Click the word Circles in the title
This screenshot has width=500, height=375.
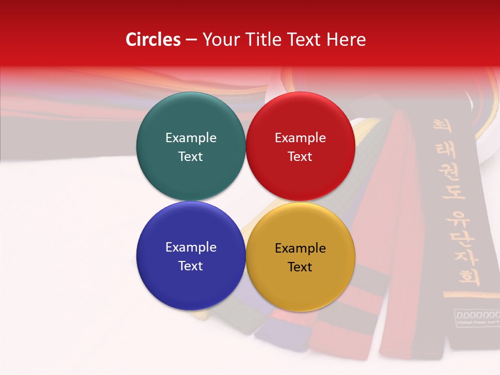[153, 40]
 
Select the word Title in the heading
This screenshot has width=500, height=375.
[275, 40]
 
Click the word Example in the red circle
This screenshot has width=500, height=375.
[300, 137]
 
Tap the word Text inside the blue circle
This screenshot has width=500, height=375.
[191, 266]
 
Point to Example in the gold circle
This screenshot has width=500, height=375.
[300, 248]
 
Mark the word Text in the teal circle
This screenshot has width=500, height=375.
[191, 156]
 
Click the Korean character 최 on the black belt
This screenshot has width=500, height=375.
[442, 126]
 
